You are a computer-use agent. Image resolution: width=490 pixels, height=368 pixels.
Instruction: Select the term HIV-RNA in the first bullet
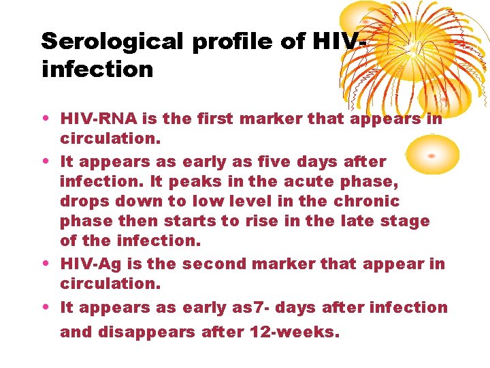tap(99, 119)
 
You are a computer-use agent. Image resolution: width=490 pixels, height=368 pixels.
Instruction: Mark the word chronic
tap(367, 202)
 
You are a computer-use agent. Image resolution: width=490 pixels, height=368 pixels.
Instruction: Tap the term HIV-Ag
tap(95, 264)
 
